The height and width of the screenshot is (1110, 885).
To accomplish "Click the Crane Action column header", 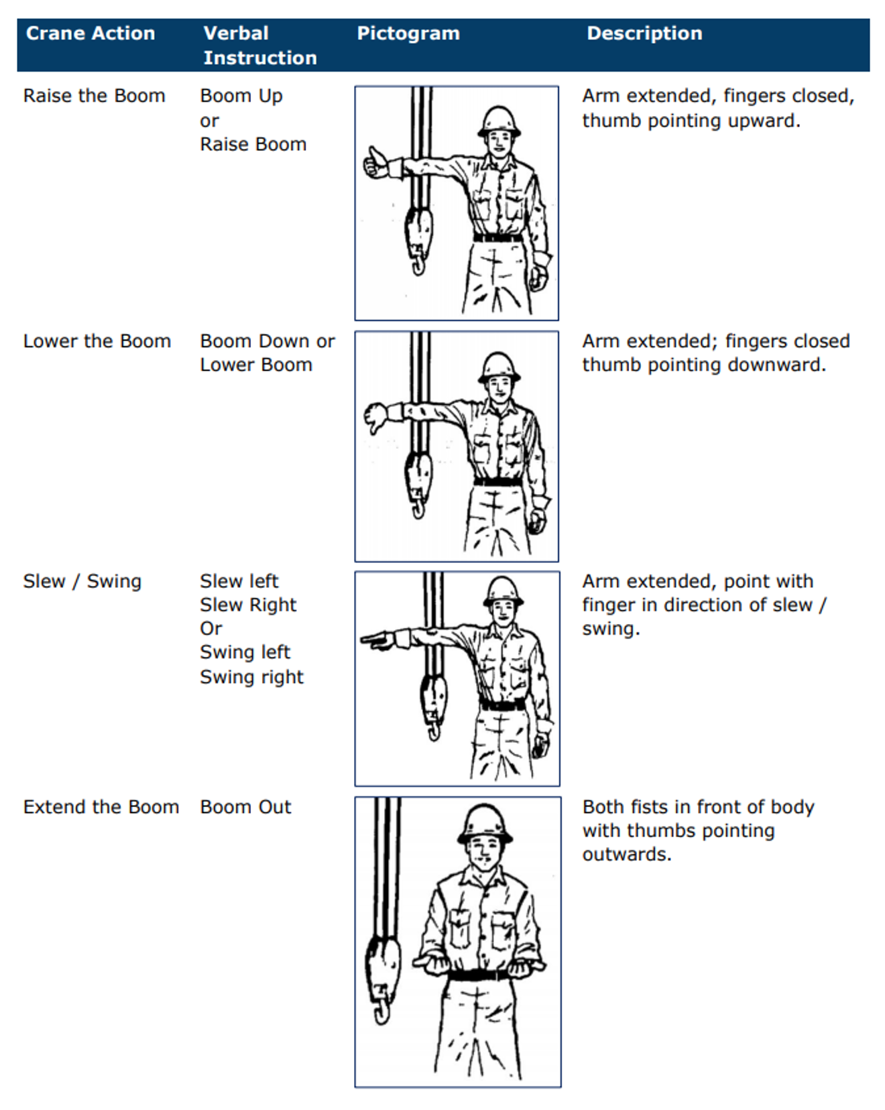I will coord(91,34).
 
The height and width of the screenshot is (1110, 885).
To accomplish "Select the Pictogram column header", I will coord(408,34).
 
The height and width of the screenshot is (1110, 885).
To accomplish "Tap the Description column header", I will coord(644,34).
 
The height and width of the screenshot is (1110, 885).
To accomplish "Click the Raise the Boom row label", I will coord(94,96).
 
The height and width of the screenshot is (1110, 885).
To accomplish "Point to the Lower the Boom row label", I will coord(97,341).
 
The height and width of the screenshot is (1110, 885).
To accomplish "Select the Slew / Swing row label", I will coord(82,581).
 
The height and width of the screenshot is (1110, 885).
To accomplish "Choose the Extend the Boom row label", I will coord(101,807).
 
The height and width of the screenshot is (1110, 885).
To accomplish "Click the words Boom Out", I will coord(245,807).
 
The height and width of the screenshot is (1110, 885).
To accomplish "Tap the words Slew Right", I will coord(248,605).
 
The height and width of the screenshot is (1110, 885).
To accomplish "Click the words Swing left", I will coord(245,652).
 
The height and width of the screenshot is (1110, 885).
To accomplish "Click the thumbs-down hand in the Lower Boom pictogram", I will coord(375,416).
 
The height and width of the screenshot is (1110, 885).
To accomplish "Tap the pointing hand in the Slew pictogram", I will coord(377,640).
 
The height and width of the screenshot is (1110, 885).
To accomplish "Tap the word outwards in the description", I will coord(626,855).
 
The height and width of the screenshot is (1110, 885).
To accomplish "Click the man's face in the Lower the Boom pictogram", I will coord(499,387).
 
